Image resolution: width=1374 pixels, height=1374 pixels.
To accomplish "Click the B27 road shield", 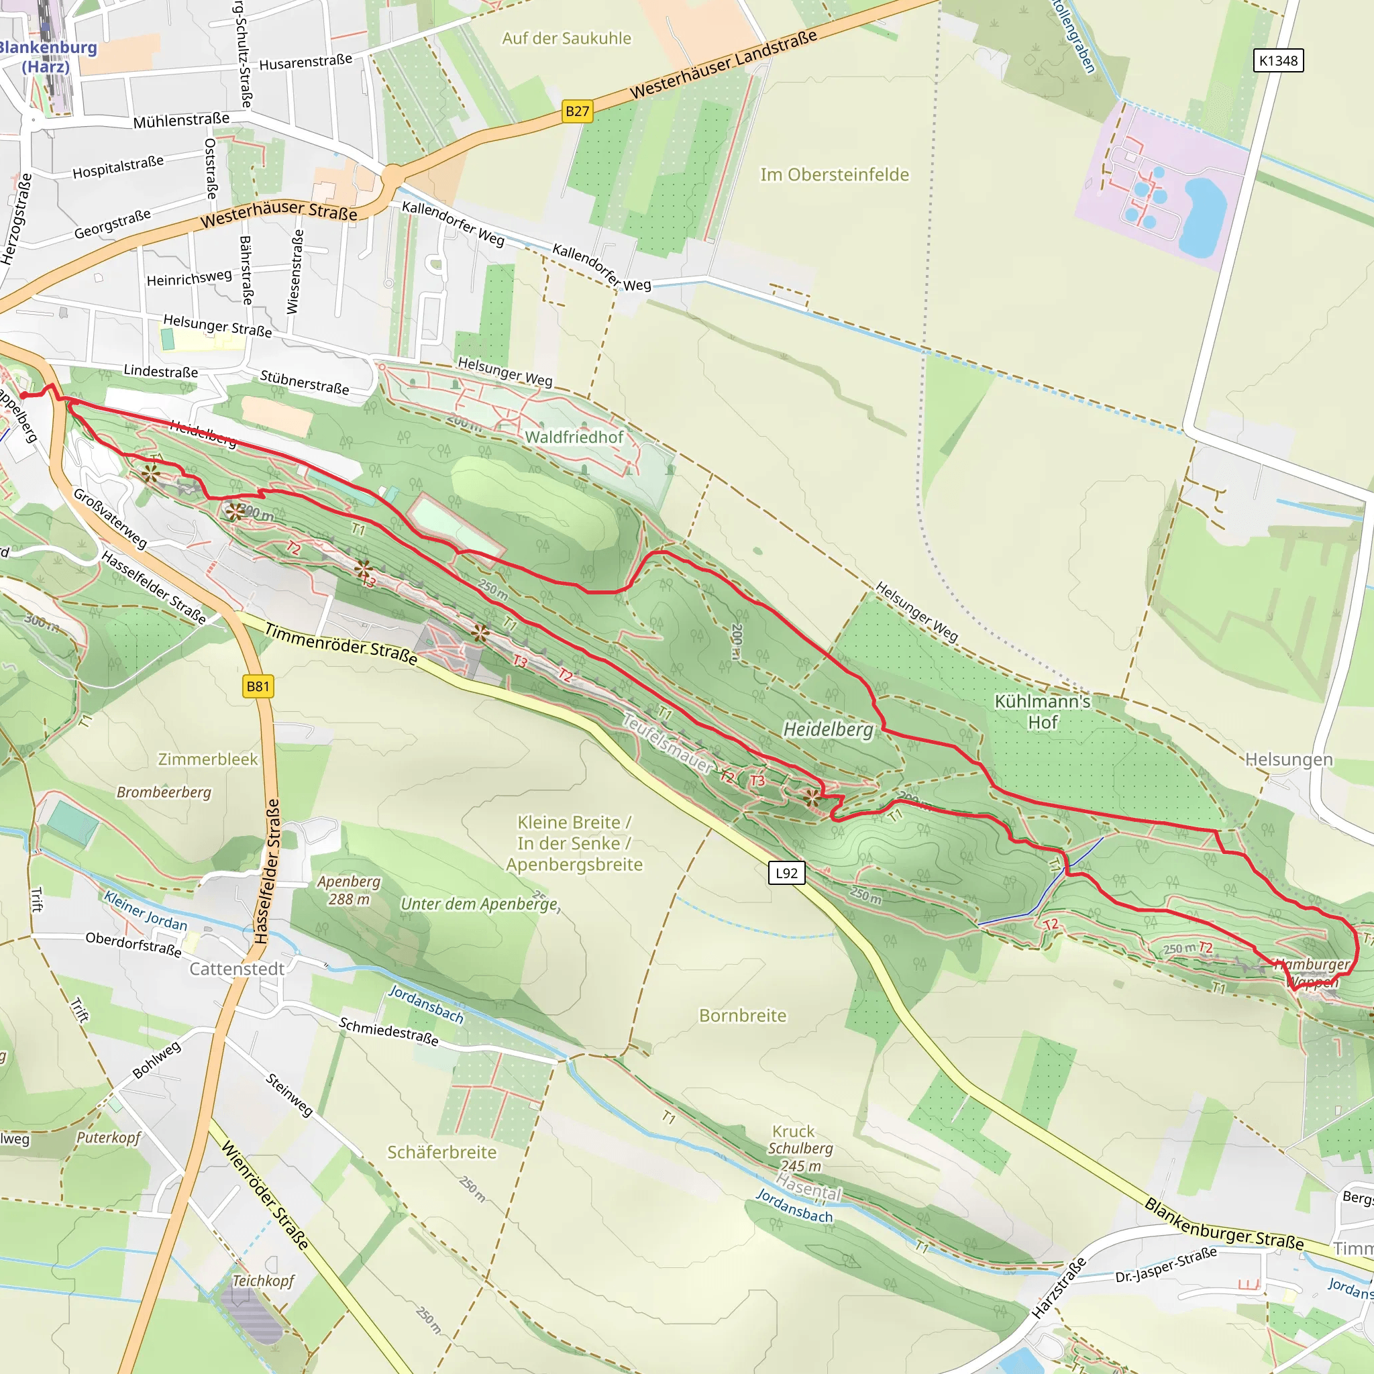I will pos(577,111).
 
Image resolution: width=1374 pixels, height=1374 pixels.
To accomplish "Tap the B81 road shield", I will pos(258,686).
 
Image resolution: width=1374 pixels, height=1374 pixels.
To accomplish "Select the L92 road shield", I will pos(786,873).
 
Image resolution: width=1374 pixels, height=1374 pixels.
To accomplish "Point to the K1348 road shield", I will pos(1277,60).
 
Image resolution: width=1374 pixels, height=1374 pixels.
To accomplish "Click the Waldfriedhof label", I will pos(574,437).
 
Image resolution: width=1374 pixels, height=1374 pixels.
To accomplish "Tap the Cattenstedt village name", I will pos(236,969).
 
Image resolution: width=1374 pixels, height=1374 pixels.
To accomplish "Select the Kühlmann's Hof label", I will pos(1042,711).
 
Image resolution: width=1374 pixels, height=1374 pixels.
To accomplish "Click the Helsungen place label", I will pos(1289,759).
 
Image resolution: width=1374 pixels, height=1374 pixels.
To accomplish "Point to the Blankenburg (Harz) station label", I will pos(46,57).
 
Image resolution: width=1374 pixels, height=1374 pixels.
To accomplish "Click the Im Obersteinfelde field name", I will pos(834,174).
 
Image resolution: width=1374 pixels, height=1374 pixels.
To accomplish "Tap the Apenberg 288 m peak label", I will pos(348,890).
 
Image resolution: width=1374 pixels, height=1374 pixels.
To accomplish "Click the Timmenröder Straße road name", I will pos(341,643).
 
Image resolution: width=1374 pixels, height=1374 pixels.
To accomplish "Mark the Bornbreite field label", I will pos(743,1016).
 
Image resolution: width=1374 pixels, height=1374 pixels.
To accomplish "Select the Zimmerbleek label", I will pos(208,759).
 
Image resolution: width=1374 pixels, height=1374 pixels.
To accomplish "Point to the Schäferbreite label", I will pos(441,1152).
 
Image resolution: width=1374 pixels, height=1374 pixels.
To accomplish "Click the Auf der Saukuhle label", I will pos(566,38).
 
